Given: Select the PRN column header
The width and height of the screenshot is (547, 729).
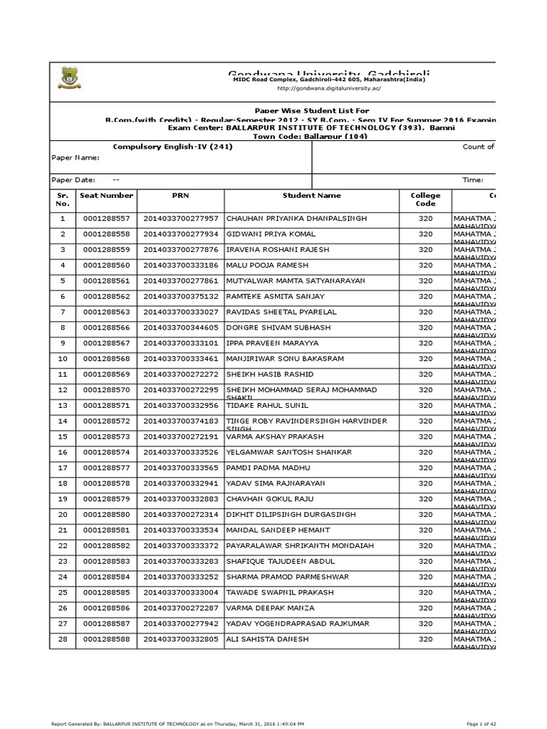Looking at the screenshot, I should coord(180,195).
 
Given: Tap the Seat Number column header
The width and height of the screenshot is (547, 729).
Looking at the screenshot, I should coord(107,195).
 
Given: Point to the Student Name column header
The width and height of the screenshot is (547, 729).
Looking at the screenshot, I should coord(311,195).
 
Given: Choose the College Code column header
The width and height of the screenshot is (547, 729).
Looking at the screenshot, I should coord(425,199).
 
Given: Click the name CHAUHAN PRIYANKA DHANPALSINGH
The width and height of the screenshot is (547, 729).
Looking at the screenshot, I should coord(296,219).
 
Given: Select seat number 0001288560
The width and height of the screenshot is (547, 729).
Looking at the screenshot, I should coord(107,266).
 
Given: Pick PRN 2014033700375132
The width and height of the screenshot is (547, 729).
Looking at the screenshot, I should coord(181,296).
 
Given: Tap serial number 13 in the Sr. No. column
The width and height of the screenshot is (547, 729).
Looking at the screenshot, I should coord(63,405).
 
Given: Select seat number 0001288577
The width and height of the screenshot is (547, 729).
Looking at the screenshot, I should coord(107,468).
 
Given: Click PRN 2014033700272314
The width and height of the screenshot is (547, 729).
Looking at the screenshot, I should coord(181,514).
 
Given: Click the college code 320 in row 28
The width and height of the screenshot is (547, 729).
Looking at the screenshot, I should coord(425,639).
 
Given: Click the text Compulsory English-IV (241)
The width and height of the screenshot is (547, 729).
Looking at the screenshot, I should coord(173,147).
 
